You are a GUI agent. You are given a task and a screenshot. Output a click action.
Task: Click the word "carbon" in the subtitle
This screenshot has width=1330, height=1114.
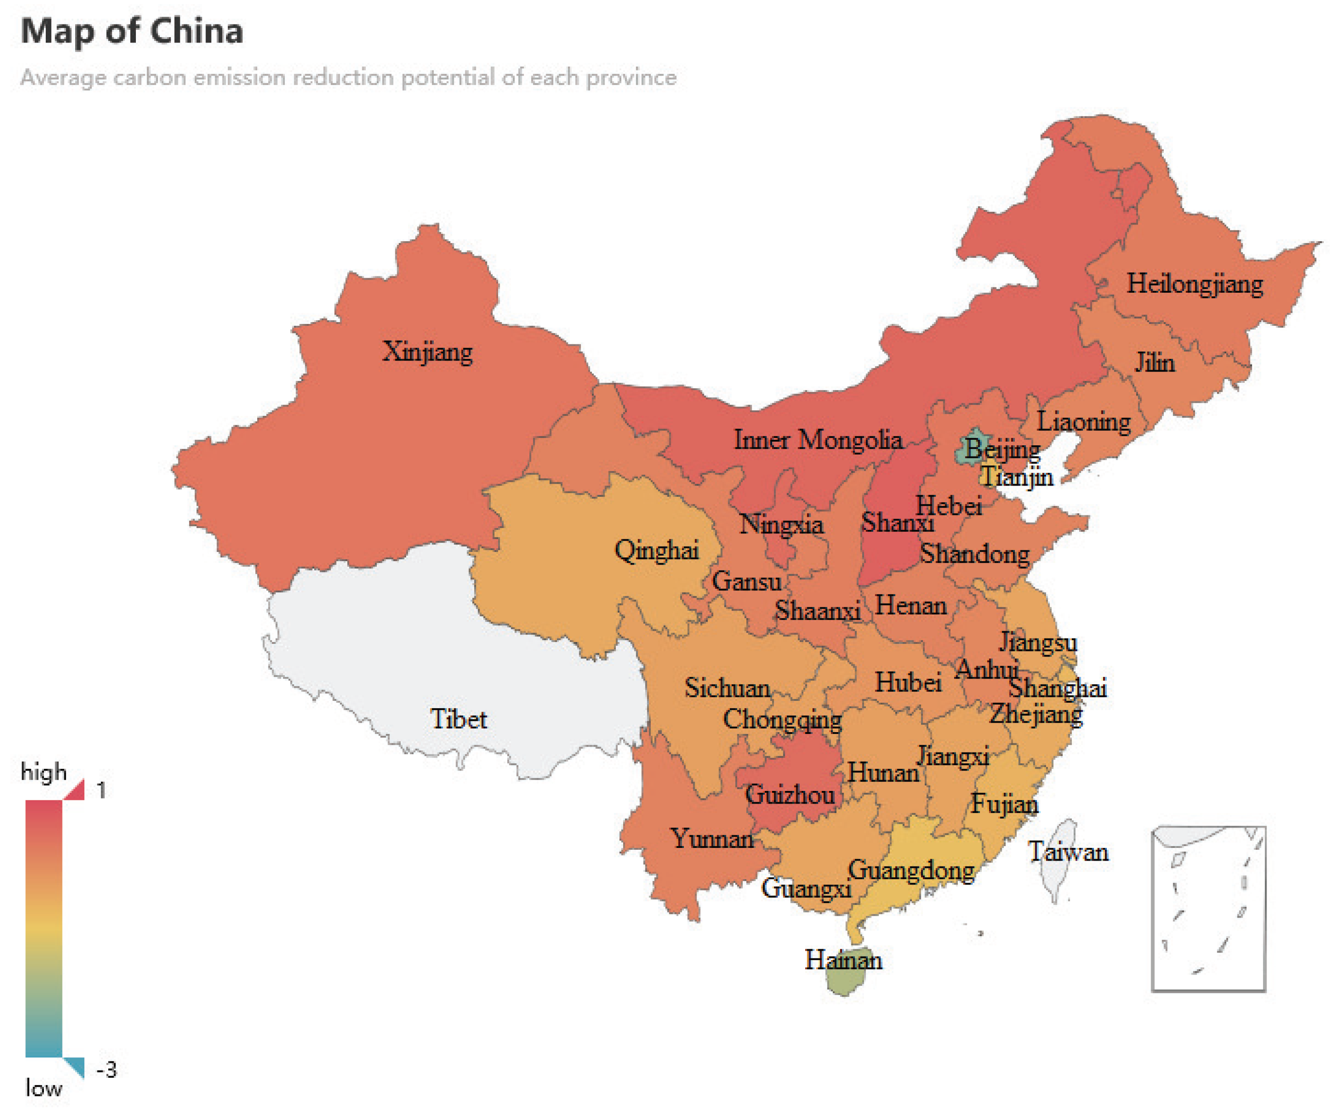[x=149, y=77]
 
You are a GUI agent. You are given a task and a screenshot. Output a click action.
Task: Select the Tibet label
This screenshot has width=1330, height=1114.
[x=459, y=719]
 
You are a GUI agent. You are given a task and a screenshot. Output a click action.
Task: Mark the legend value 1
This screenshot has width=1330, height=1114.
[x=101, y=790]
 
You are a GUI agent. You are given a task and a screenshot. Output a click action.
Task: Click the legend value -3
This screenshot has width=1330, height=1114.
[x=106, y=1070]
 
